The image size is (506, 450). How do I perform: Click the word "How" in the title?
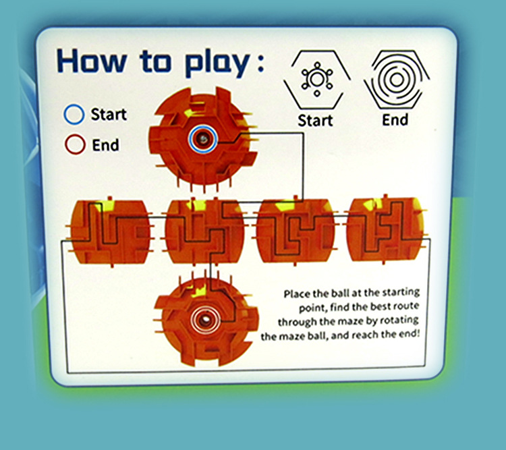[92, 60]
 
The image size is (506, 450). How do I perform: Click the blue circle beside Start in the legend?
[74, 115]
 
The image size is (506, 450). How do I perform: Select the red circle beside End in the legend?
[75, 144]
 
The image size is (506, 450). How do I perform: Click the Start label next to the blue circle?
[109, 114]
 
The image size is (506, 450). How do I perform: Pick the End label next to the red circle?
[105, 145]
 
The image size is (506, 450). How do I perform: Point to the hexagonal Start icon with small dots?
[317, 80]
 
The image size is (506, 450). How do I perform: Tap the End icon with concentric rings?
[397, 80]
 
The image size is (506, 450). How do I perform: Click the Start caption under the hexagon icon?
[315, 121]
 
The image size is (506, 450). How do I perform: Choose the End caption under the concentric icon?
[395, 120]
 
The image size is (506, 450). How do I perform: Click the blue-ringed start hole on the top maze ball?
[203, 139]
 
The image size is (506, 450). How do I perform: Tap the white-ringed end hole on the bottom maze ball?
[204, 320]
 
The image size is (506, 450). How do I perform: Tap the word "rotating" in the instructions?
[399, 320]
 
